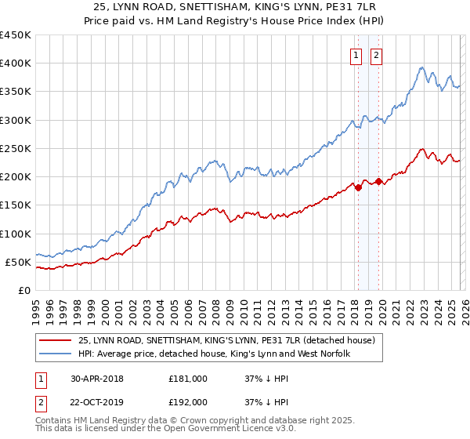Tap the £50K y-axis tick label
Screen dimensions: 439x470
(x=17, y=262)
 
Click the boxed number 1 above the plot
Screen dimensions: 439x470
(x=356, y=55)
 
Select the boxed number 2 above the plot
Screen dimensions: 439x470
(x=376, y=55)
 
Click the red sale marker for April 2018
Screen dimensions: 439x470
(x=358, y=187)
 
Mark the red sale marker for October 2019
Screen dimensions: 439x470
(x=378, y=181)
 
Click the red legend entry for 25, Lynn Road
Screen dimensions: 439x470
(x=226, y=341)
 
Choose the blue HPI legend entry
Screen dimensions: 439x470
(x=213, y=354)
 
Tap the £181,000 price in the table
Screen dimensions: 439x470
(x=188, y=379)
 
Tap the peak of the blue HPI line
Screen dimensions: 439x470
(x=422, y=67)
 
